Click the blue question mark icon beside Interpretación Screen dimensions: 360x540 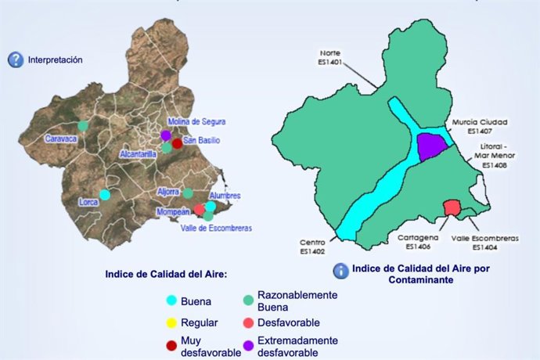(x=16, y=59)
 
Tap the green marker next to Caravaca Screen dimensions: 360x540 (x=83, y=125)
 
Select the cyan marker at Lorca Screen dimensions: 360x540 (x=105, y=194)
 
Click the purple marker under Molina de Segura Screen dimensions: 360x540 (x=166, y=135)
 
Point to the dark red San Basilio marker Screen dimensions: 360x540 (x=177, y=143)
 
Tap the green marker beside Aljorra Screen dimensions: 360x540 (x=188, y=193)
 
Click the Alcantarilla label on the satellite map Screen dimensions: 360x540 (x=139, y=155)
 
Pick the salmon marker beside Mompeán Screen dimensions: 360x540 (x=200, y=210)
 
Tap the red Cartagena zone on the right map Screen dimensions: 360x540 (x=452, y=207)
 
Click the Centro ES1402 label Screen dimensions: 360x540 (x=312, y=247)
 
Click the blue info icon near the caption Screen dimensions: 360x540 (x=341, y=271)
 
